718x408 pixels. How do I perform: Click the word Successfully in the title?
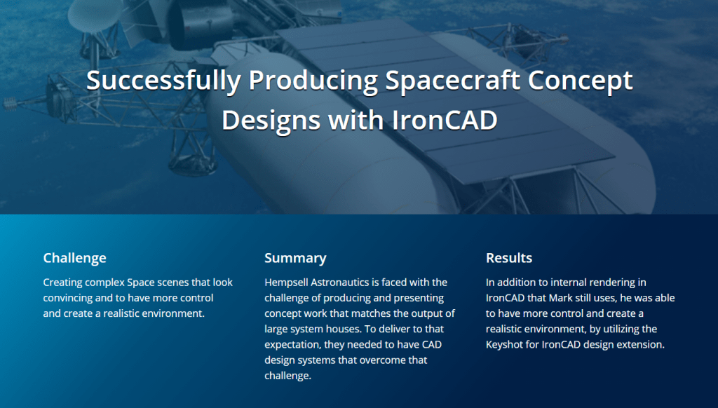coord(163,81)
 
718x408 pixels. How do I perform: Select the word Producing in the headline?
coord(313,81)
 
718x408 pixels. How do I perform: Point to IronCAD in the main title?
coord(445,120)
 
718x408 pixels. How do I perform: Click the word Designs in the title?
coord(271,121)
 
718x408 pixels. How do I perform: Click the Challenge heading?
coord(74,258)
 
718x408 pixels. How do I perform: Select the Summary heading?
coord(295,258)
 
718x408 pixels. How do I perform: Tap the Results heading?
coord(509,258)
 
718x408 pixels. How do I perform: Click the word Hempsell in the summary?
coord(286,283)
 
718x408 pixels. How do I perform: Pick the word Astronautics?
coord(340,283)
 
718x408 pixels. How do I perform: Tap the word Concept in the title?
coord(580,81)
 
